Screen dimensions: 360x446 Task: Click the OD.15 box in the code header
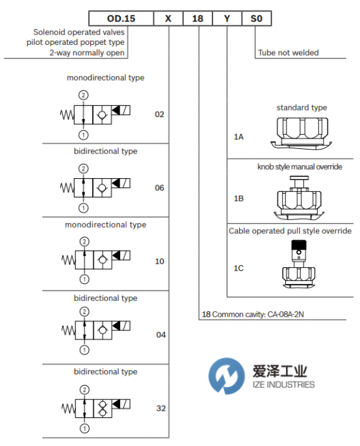click(x=121, y=18)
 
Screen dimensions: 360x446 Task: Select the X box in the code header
click(x=168, y=18)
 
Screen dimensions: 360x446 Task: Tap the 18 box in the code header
click(x=198, y=18)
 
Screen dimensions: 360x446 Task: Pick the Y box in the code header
click(x=227, y=18)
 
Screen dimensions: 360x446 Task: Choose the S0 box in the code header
click(x=257, y=18)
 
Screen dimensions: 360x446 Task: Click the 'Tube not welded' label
click(x=289, y=53)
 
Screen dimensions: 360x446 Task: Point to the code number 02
click(x=159, y=114)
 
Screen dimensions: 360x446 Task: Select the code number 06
click(x=159, y=188)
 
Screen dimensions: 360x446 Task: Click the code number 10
click(x=159, y=261)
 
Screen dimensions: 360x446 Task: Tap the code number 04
click(x=161, y=335)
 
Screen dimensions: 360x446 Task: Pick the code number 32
click(x=161, y=408)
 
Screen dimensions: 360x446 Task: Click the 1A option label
click(x=238, y=137)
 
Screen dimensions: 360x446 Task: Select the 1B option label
click(x=238, y=198)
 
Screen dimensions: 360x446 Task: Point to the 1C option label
click(x=238, y=269)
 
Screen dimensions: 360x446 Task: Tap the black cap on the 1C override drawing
click(x=299, y=244)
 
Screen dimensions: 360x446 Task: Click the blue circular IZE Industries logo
click(x=227, y=376)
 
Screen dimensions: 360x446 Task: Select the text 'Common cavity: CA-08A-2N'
click(x=258, y=314)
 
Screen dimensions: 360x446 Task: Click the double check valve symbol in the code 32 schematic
click(x=103, y=408)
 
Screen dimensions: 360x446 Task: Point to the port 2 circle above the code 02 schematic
click(x=83, y=95)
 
